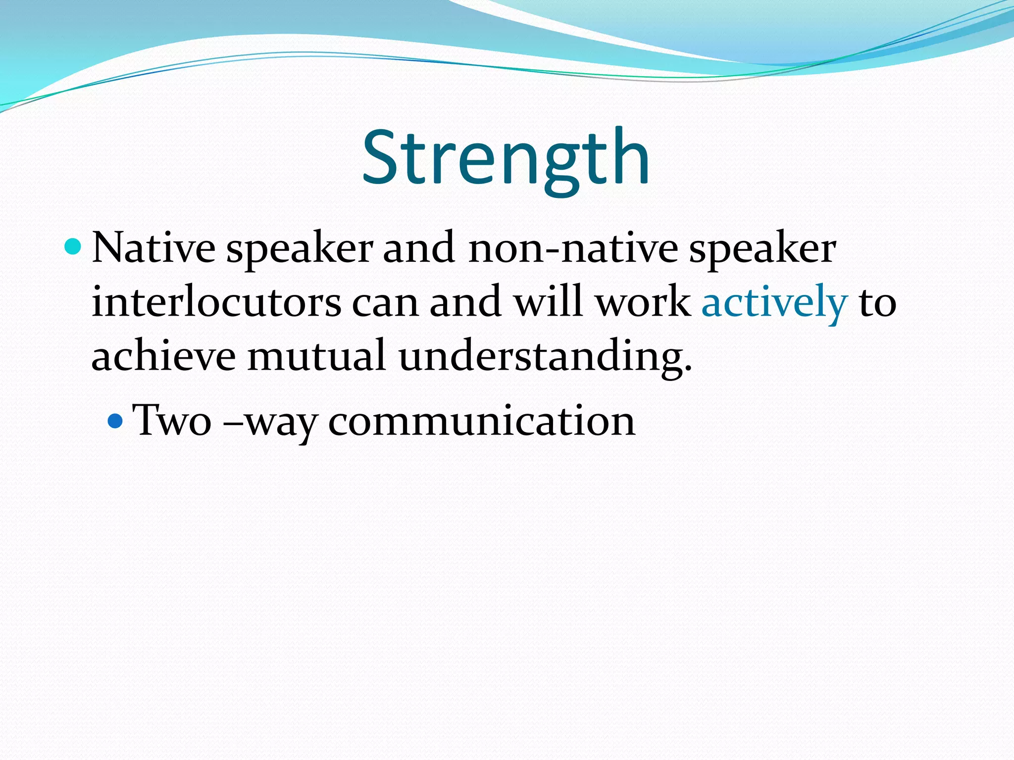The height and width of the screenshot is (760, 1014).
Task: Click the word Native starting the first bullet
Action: [153, 247]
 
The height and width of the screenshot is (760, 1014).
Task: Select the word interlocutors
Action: [216, 302]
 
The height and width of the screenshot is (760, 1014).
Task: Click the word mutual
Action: [316, 356]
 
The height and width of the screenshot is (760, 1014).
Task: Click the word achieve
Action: [163, 356]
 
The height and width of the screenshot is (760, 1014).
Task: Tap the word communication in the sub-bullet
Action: [481, 421]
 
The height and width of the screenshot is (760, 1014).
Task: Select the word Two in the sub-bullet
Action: [172, 421]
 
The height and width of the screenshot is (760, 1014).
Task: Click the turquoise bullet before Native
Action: [73, 246]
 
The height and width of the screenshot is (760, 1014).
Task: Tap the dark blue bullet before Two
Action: [115, 421]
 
